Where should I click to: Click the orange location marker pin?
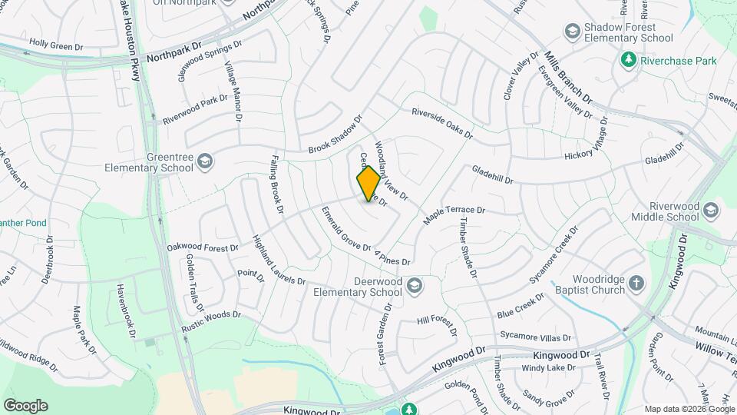pos(368,183)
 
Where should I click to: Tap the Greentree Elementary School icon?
pos(204,161)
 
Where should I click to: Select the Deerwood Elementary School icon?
pos(415,286)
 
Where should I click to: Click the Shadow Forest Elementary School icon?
pos(572,32)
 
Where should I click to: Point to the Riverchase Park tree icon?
pos(628,60)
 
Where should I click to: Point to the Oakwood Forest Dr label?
pos(203,247)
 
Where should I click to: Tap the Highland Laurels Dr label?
pos(273,259)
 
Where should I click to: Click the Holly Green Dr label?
pos(56,47)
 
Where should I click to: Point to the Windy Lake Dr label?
pos(549,368)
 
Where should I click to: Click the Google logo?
pos(25,406)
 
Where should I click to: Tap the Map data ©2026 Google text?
pos(689,409)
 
